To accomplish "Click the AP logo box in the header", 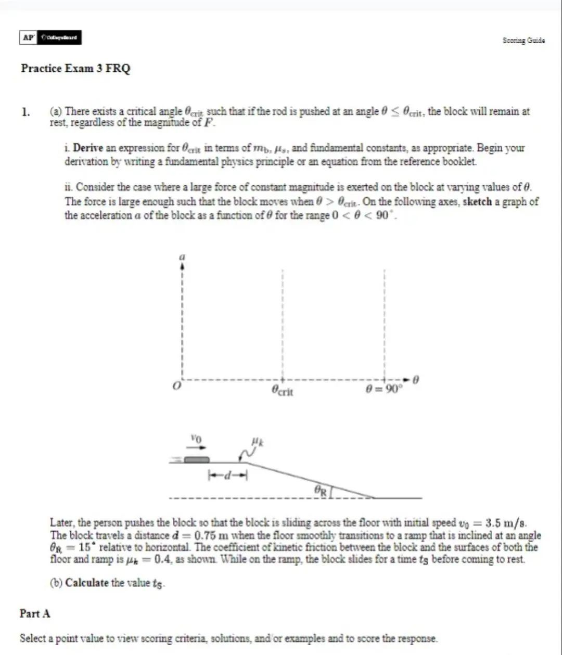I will [28, 37].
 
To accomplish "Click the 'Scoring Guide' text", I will [523, 40].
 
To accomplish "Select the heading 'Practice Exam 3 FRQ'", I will [75, 68].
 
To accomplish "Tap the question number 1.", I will [25, 111].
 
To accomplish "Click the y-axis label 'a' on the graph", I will [182, 256].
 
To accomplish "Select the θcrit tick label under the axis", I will [283, 391].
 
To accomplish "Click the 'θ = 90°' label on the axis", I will [384, 390].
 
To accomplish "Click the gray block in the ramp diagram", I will [197, 459].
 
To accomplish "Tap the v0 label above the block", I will [195, 439].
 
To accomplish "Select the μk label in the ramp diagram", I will [256, 442].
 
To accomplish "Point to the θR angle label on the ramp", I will [321, 490].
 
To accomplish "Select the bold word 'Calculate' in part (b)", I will [87, 583].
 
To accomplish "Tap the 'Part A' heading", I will [35, 613].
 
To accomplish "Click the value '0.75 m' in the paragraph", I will [212, 535].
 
